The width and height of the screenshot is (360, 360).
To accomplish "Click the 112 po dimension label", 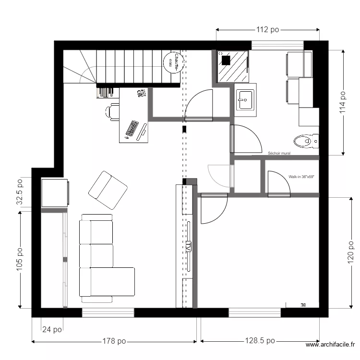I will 268,30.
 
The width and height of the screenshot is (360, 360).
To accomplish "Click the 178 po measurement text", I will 114,341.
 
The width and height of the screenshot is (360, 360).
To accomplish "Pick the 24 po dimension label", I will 52,330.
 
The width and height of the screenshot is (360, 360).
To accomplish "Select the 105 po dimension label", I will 20,260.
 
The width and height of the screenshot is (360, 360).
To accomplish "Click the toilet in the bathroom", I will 305,141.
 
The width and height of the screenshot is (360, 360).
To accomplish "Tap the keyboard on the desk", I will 132,128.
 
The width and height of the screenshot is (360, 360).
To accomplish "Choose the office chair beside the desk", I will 112,111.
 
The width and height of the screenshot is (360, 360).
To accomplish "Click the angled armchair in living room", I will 108,190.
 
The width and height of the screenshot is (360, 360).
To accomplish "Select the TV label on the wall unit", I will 189,247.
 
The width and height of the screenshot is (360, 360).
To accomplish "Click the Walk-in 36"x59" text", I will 301,177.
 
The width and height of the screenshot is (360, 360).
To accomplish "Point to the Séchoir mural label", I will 279,154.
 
